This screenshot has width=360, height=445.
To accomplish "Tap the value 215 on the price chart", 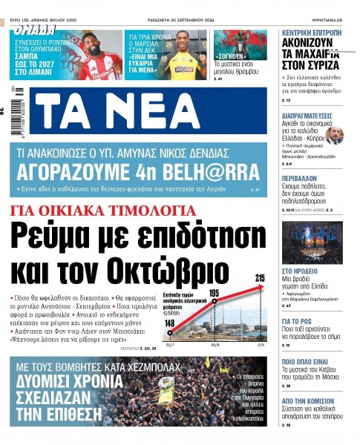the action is pos(260,278).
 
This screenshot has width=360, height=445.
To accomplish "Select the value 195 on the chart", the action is pos(215,294).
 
